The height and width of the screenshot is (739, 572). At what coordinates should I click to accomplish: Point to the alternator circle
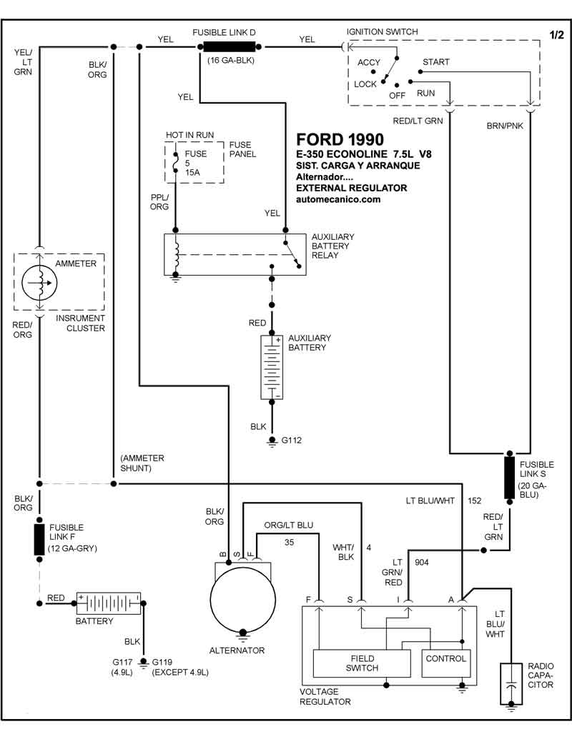tap(242, 598)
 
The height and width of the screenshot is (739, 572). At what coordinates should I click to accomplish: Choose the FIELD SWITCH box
tap(363, 663)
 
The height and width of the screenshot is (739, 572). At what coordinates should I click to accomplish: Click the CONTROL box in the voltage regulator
tap(445, 658)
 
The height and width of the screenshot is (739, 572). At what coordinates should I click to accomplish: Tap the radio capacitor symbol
tap(511, 683)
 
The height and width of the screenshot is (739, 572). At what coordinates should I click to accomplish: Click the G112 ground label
tap(291, 440)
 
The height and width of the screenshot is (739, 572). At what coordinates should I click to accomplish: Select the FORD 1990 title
tap(340, 139)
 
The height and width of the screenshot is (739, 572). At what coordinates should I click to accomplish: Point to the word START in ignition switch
tap(435, 62)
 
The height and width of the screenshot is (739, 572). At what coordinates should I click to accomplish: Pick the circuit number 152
tap(474, 500)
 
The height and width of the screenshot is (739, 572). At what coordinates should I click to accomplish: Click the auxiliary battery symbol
tap(272, 366)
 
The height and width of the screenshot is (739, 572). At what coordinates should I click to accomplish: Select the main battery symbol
tap(109, 604)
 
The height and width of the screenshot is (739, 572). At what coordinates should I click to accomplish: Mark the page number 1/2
tap(556, 34)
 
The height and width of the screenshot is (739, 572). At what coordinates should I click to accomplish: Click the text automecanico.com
tap(338, 200)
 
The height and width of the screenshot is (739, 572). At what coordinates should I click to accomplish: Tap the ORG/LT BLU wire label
tap(288, 526)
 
